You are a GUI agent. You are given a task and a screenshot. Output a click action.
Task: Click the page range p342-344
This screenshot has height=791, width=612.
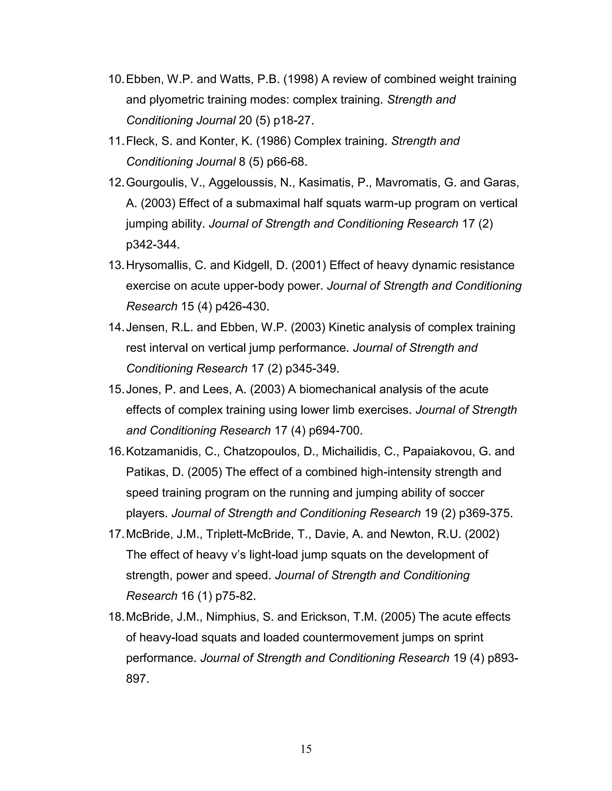[x=153, y=245]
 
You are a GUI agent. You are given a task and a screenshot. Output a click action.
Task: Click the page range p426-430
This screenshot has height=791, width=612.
[x=242, y=307]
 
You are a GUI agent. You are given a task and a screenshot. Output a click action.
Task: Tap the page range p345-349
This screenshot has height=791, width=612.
[x=313, y=369]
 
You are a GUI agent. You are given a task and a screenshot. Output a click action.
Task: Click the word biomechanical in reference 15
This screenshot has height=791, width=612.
[x=339, y=389]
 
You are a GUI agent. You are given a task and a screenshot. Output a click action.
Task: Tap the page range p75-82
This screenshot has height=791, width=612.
[x=236, y=596]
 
